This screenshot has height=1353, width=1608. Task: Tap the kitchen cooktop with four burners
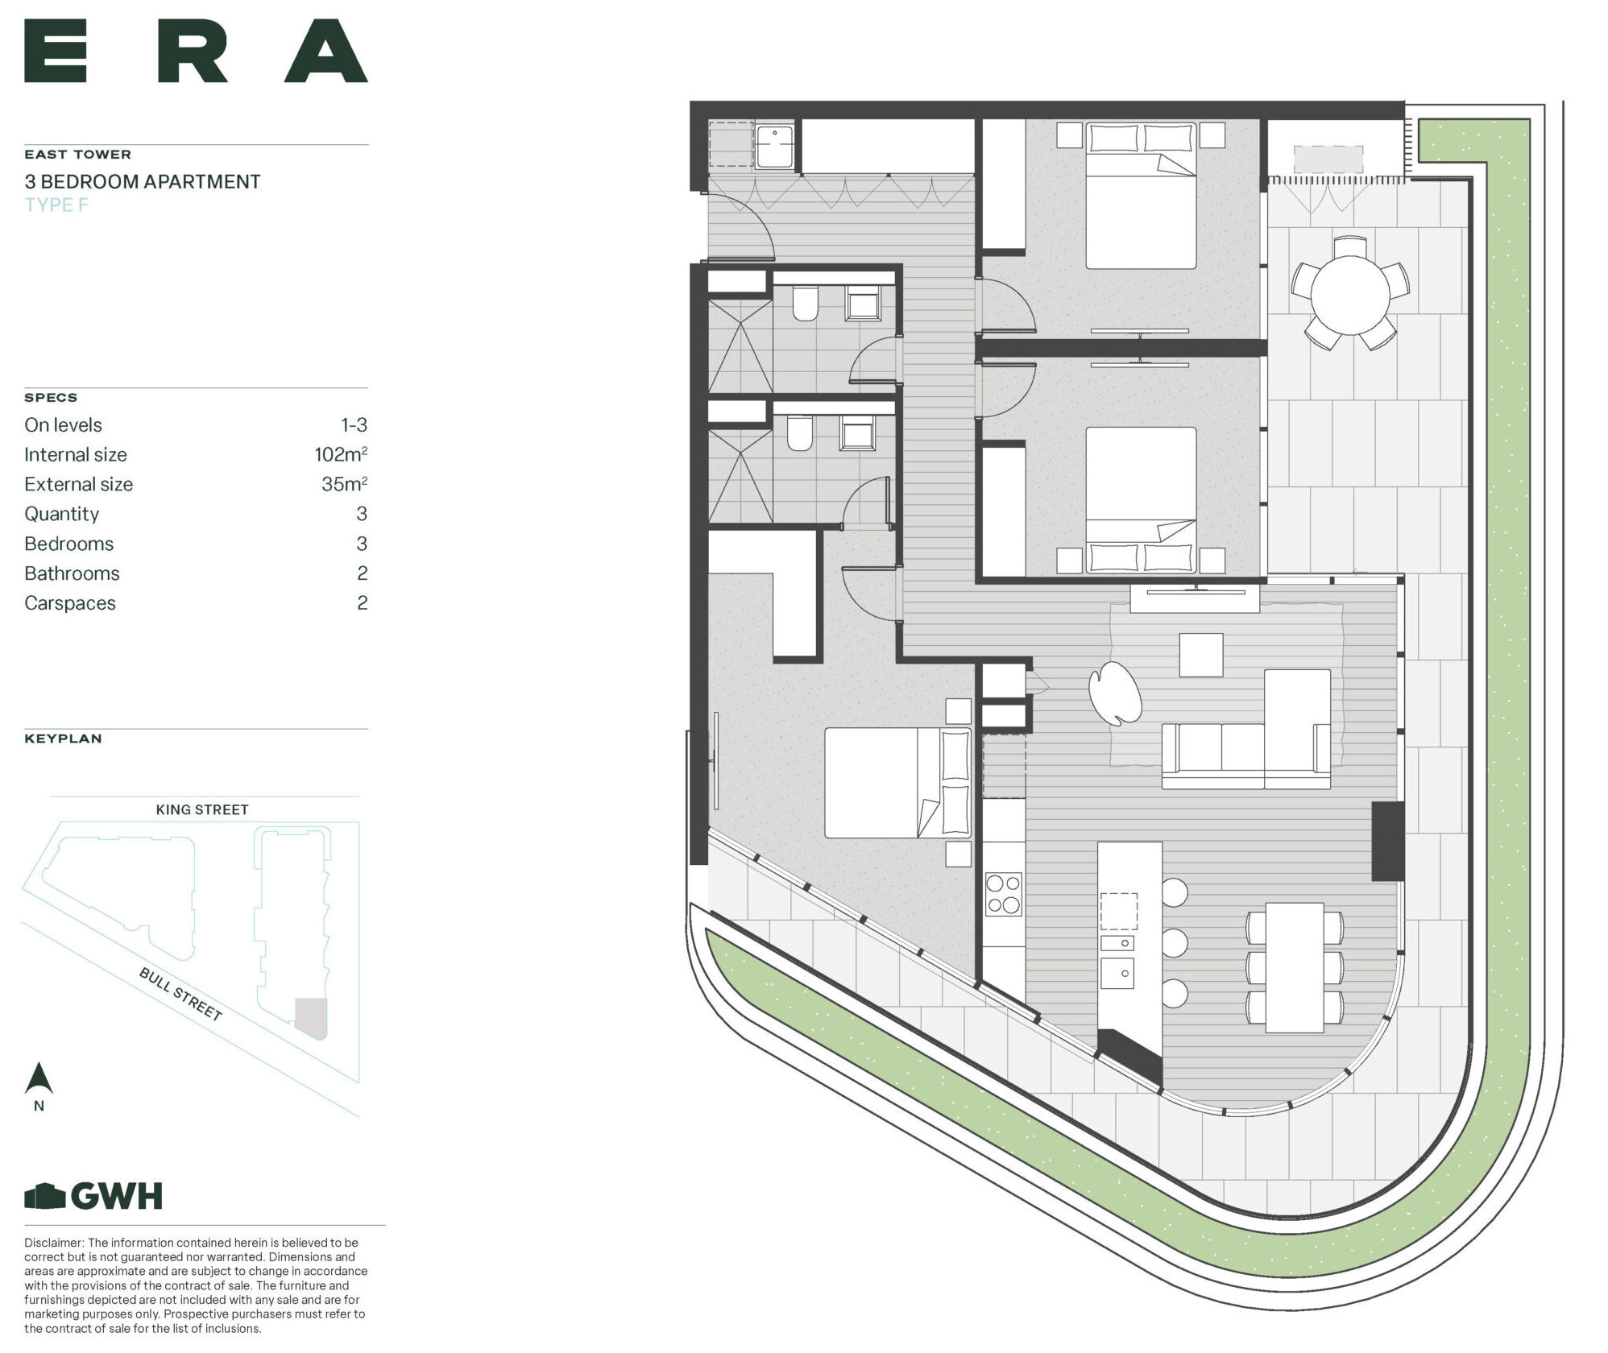(1004, 893)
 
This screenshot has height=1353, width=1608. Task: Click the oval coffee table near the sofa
(1114, 693)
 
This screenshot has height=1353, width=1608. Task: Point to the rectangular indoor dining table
(1295, 966)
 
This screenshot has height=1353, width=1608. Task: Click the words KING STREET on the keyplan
(202, 809)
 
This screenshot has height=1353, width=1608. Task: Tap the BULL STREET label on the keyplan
(180, 994)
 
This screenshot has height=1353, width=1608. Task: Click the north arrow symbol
(39, 1079)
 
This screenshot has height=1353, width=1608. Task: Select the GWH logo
(93, 1196)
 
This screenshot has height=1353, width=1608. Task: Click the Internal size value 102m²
(341, 454)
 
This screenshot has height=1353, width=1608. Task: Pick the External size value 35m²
(345, 484)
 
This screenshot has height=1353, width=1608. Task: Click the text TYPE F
(56, 205)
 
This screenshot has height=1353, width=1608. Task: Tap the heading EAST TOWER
(77, 154)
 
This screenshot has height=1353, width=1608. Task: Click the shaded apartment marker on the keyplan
(311, 1017)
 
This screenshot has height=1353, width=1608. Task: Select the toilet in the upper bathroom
(805, 303)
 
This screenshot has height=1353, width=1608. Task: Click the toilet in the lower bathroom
(798, 433)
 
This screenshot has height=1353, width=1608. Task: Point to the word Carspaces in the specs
(70, 603)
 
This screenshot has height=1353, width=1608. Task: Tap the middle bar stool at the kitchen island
(1175, 942)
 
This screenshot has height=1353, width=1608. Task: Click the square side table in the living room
(1201, 655)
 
